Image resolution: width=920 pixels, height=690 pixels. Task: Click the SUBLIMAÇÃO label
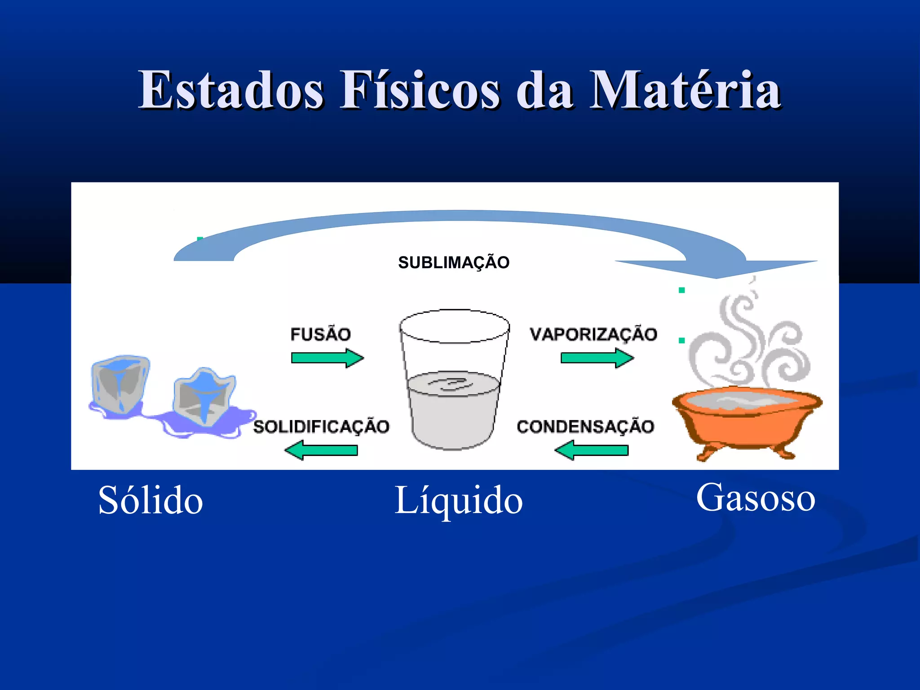[x=454, y=262]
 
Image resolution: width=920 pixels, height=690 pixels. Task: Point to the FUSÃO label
[x=320, y=334]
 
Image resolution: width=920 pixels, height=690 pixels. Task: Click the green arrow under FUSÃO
[x=327, y=358]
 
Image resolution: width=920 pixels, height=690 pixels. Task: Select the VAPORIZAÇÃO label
[x=593, y=334]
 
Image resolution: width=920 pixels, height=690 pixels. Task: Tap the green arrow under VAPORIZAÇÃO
[x=597, y=358]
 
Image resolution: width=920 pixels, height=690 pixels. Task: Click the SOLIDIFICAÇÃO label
[x=321, y=427]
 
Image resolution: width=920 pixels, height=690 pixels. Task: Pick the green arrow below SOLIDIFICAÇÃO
[x=322, y=450]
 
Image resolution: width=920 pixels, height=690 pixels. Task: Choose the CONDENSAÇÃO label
[x=585, y=427]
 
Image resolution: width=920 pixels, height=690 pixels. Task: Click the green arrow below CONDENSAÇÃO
[x=592, y=450]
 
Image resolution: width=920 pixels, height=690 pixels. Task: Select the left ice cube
[x=120, y=384]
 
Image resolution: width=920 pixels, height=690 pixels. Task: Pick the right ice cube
[x=204, y=395]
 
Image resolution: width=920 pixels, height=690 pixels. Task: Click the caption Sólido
[x=150, y=500]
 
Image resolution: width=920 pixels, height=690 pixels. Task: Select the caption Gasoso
[x=756, y=498]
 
